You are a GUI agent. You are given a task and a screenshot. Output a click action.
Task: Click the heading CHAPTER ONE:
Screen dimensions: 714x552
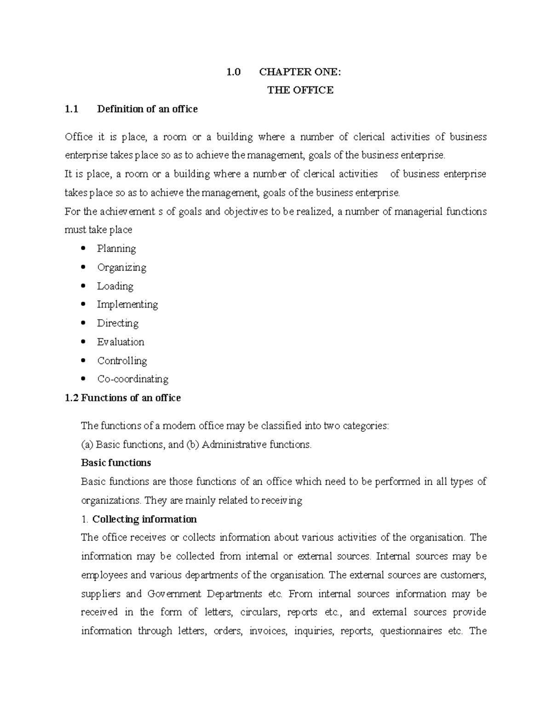300,72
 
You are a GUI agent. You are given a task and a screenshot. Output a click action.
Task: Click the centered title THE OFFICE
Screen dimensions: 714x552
300,90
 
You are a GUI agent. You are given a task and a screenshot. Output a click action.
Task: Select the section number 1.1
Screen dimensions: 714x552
72,109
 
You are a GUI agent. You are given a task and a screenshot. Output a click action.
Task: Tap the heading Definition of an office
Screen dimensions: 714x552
147,109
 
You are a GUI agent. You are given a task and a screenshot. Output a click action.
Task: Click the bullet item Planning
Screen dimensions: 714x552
116,249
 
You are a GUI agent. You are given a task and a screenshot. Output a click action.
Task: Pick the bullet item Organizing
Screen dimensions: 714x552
121,268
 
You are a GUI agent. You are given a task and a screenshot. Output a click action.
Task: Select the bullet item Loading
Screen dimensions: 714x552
115,286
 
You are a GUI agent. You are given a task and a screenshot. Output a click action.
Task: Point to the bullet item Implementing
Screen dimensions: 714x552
127,304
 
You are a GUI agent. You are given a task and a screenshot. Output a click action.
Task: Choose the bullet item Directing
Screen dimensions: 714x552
117,323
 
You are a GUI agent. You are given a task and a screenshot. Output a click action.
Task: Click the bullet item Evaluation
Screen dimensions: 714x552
121,342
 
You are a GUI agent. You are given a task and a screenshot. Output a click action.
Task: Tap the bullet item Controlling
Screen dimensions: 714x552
122,360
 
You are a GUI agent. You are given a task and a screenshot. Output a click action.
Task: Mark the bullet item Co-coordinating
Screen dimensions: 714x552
132,379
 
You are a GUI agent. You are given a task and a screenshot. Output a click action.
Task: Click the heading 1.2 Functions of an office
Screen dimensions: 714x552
123,398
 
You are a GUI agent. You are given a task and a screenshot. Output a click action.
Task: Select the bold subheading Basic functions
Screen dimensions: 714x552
116,463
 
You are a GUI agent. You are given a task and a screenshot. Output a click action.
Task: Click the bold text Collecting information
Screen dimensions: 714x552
144,519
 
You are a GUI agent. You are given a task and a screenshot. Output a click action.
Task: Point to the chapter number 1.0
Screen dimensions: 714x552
234,72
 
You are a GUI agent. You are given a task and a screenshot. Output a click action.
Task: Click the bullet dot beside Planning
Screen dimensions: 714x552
83,249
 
